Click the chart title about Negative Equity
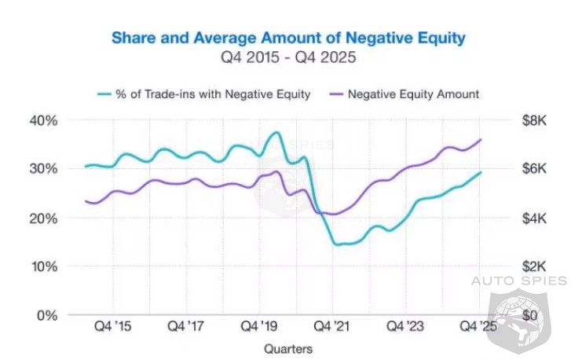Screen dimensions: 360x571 tap(288, 37)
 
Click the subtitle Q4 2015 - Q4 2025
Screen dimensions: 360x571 tap(288, 57)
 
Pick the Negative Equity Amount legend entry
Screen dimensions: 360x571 tap(413, 94)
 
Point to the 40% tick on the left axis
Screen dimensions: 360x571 tap(44, 120)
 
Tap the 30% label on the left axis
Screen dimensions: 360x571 tap(44, 169)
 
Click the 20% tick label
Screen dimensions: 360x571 tap(44, 218)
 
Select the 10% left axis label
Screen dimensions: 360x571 tap(44, 266)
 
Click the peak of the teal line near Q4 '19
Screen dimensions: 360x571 tap(276, 132)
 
